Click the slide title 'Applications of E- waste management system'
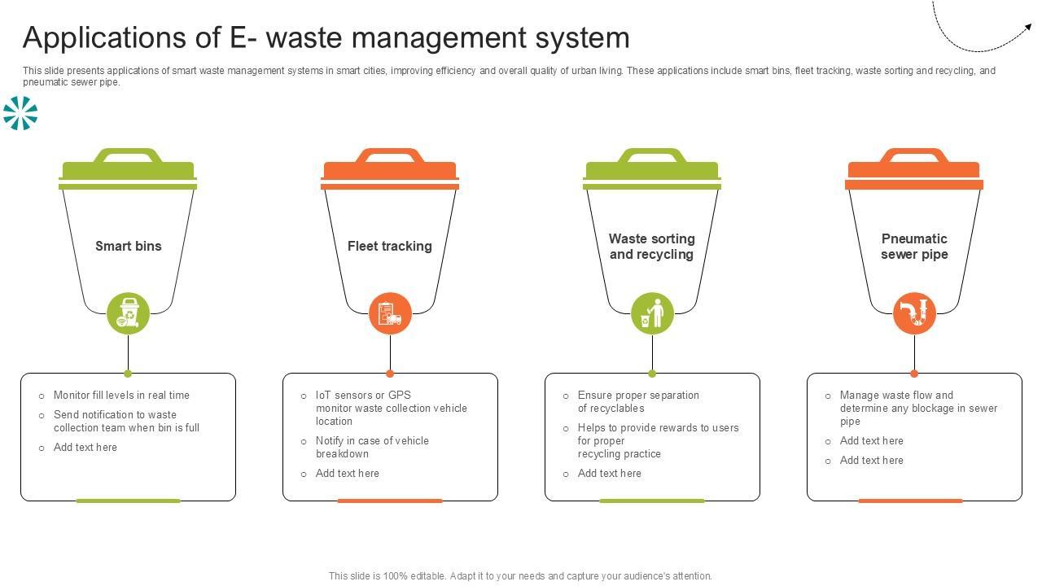point(326,38)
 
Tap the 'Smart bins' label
point(129,246)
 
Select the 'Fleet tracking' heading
point(390,246)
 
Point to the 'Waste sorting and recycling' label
point(652,246)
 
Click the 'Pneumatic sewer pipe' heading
point(914,246)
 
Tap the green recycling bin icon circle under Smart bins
point(129,313)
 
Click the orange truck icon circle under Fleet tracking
point(390,313)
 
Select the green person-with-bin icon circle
point(652,313)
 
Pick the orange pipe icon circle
point(914,313)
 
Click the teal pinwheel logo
point(20,113)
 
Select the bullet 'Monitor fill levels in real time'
point(121,395)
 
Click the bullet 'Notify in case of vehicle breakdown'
point(372,447)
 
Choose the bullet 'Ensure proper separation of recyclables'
point(638,401)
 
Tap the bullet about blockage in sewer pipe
point(918,408)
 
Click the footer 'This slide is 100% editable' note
point(520,575)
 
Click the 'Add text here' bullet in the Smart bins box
point(85,447)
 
